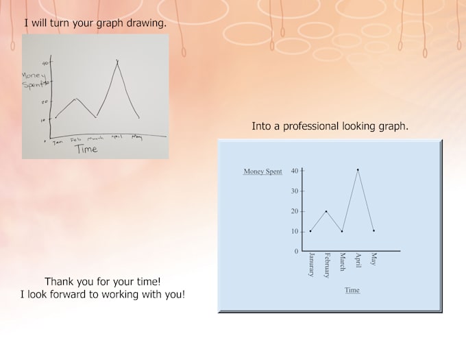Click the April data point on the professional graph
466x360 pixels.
point(358,169)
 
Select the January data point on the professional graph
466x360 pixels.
point(310,231)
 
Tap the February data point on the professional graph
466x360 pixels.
point(326,211)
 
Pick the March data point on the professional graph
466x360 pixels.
point(342,231)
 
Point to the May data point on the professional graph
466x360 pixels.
point(373,231)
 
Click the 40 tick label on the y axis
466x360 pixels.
point(295,171)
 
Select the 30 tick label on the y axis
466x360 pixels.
point(295,191)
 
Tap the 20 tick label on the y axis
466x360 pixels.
point(295,211)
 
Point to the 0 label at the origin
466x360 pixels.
point(296,252)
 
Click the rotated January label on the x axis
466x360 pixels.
point(311,265)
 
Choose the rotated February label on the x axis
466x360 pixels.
point(327,266)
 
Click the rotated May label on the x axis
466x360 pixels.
point(374,259)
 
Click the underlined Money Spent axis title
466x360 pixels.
point(262,171)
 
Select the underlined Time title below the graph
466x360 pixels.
point(352,290)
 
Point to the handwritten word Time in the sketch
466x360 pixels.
point(86,148)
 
